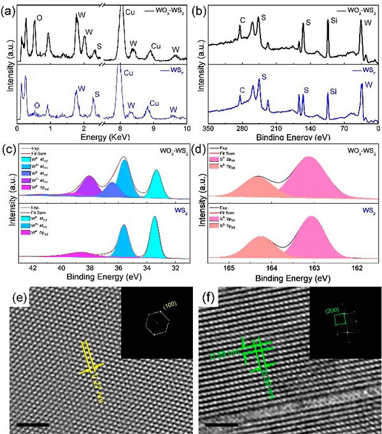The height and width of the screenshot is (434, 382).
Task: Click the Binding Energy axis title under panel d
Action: [x=291, y=277]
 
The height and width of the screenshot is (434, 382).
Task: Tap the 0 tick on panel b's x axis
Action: [x=378, y=128]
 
